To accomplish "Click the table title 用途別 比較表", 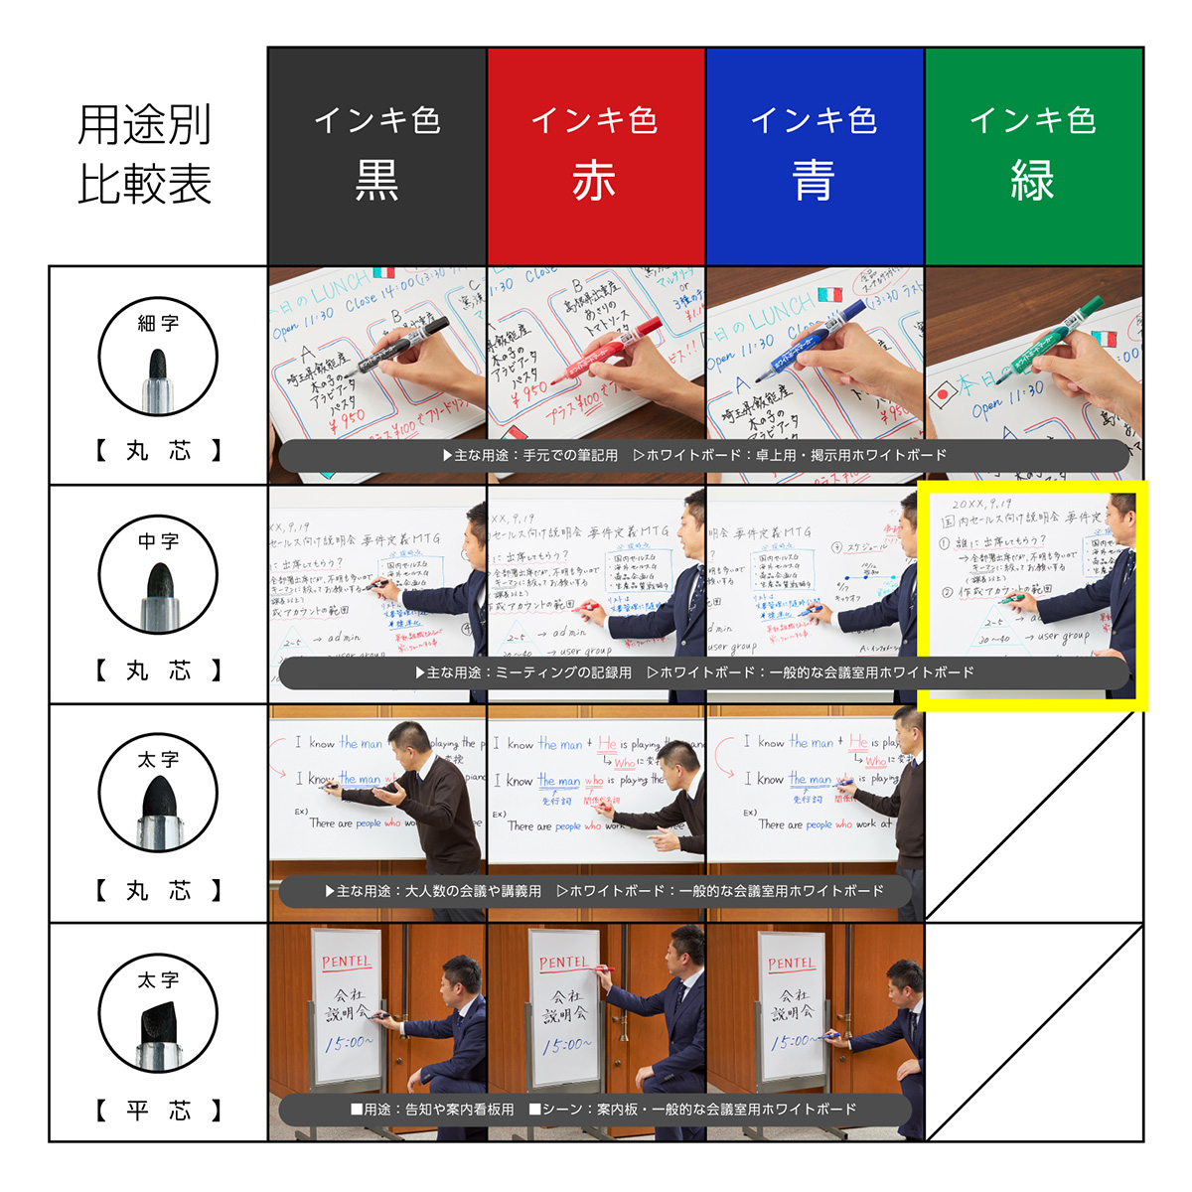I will click(x=145, y=155).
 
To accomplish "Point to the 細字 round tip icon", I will click(x=158, y=358).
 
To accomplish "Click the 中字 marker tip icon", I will click(x=158, y=576).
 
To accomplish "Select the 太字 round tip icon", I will click(x=158, y=795).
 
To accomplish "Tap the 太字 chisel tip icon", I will click(x=158, y=1013).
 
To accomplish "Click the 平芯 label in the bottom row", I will click(x=159, y=1111).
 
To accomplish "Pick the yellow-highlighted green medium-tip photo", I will click(x=1033, y=576).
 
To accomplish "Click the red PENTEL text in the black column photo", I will click(x=346, y=962).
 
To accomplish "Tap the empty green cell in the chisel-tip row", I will click(x=1034, y=1033).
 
